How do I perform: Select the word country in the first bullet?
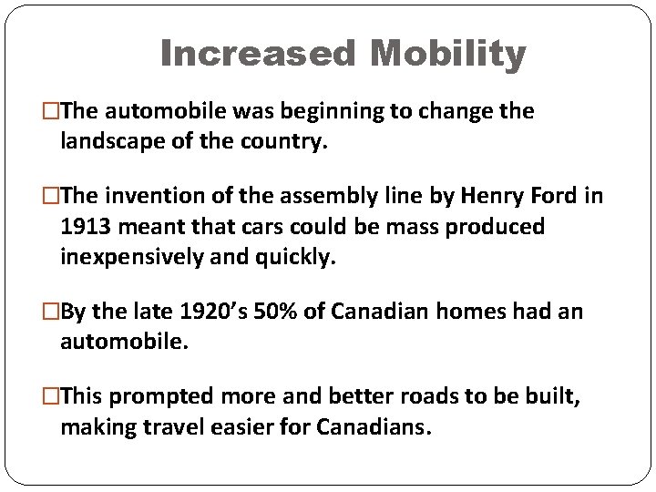coord(292,141)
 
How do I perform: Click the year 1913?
coord(85,226)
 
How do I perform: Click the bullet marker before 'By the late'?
coord(52,312)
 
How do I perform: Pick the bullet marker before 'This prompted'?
coord(52,396)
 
